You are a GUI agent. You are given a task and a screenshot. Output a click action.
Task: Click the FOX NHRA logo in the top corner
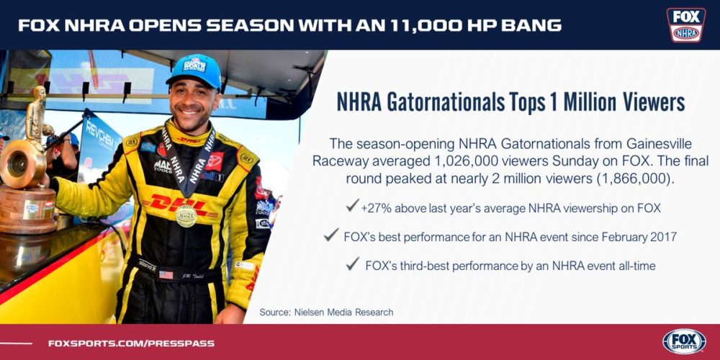pyautogui.click(x=686, y=24)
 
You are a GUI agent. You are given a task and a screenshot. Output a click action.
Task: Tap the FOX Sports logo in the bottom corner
pyautogui.click(x=684, y=341)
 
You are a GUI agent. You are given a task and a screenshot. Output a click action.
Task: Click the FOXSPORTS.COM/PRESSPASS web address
pyautogui.click(x=131, y=343)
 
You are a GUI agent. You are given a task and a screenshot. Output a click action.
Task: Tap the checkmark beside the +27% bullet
pyautogui.click(x=352, y=206)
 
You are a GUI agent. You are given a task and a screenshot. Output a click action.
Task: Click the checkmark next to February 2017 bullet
pyautogui.click(x=330, y=235)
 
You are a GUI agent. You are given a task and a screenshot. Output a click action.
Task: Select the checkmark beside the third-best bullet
pyautogui.click(x=352, y=264)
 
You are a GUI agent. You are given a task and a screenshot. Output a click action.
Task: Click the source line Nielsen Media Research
pyautogui.click(x=326, y=312)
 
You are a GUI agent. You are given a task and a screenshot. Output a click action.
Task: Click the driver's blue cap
pyautogui.click(x=194, y=71)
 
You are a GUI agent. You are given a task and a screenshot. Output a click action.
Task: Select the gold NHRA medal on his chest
pyautogui.click(x=186, y=216)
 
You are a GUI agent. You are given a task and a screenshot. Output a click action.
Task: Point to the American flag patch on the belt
pyautogui.click(x=166, y=274)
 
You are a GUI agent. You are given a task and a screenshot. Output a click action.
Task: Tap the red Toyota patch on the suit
pyautogui.click(x=214, y=161)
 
